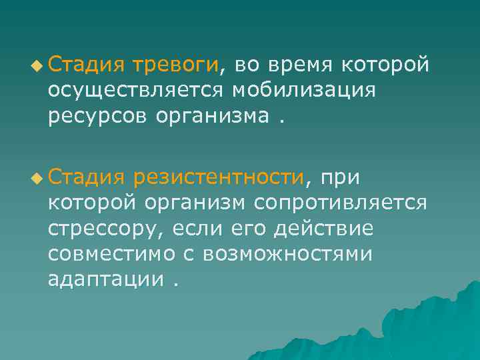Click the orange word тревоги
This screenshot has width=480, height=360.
tap(177, 65)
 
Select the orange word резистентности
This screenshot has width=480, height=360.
tap(218, 177)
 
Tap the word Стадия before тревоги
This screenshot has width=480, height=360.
tap(86, 65)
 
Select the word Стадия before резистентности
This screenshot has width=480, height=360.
tap(86, 177)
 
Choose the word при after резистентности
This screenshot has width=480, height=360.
tap(341, 177)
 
